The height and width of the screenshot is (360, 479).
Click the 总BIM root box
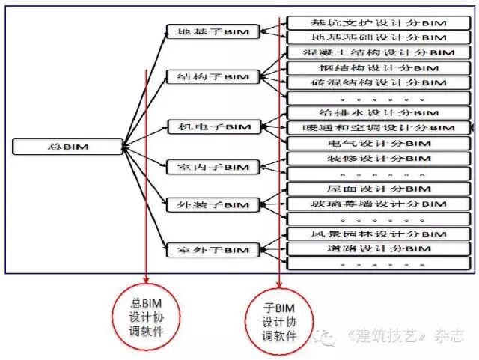tap(67, 147)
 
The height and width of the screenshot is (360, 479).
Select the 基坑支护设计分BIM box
tap(379, 22)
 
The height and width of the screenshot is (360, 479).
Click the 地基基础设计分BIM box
tap(379, 37)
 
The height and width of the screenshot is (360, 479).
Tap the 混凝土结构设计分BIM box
tap(379, 52)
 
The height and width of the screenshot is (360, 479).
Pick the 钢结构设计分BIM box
tap(379, 67)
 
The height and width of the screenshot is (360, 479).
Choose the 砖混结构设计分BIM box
tap(379, 82)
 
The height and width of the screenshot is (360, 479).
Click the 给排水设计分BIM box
tap(379, 113)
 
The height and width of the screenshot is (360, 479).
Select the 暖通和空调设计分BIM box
tap(379, 128)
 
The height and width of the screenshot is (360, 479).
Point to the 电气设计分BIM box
tap(379, 143)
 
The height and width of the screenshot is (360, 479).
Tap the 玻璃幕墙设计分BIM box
tap(379, 204)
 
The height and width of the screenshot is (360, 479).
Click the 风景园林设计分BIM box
tap(379, 234)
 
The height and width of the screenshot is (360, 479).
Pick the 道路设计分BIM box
tap(379, 249)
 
